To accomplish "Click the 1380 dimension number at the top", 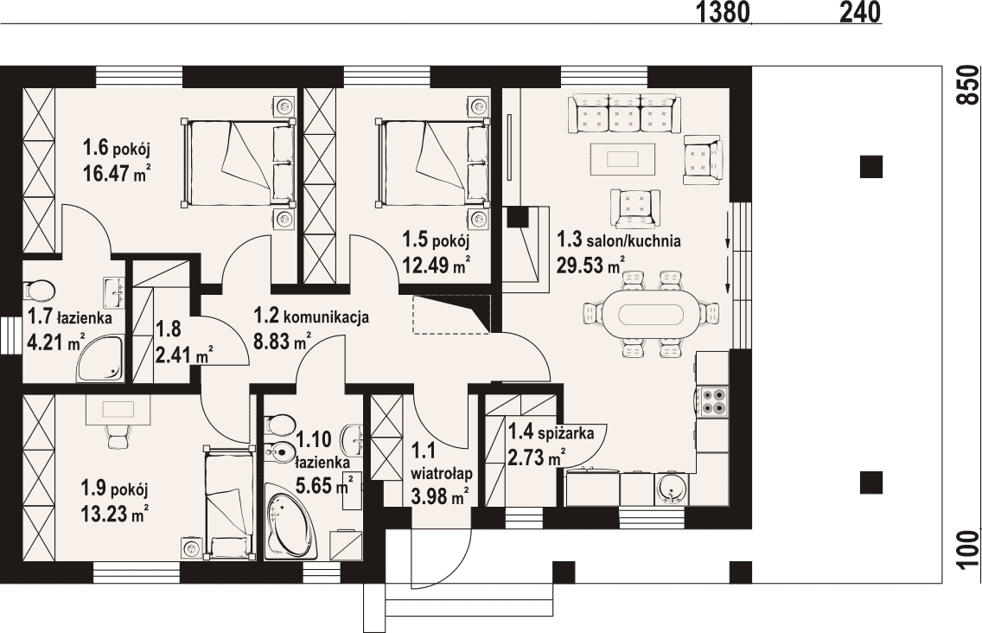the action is coord(723,12).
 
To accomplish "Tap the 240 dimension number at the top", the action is coord(860,12).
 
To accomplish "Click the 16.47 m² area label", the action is coord(117,173).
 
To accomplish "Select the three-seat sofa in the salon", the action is coord(624,113).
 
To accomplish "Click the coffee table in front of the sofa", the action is coord(623,159).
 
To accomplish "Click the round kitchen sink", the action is coord(672,489).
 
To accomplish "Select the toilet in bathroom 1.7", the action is coord(38,291).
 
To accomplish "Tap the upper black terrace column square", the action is coord(870,168).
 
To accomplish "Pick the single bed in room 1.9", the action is coord(229,502).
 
